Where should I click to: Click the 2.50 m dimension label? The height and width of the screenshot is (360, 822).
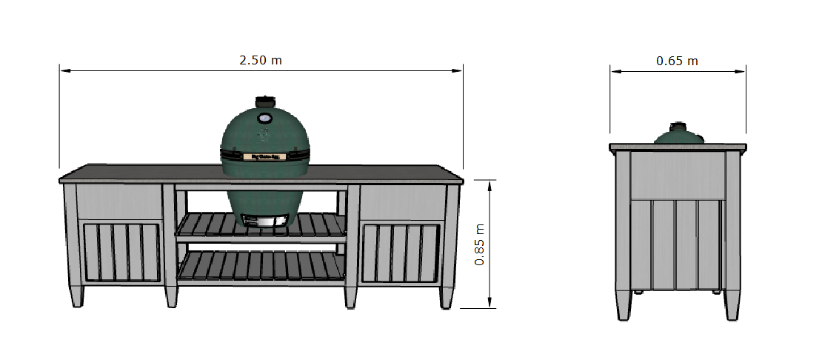pos(260,60)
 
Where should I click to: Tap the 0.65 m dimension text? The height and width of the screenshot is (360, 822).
pos(677,61)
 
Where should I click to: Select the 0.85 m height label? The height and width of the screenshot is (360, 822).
pos(480,244)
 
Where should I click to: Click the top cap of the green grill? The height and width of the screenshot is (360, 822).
pos(264,101)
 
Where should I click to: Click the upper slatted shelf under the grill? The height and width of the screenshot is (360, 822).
pos(261,226)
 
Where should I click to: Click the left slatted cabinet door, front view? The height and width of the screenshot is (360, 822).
pos(121,252)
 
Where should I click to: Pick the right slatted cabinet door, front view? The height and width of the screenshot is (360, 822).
pos(403,252)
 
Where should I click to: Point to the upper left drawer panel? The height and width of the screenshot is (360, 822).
pos(119,201)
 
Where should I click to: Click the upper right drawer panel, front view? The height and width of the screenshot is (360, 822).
pos(402,201)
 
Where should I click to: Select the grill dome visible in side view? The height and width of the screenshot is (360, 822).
pos(678,135)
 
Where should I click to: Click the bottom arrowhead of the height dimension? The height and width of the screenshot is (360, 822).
pos(489,304)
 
